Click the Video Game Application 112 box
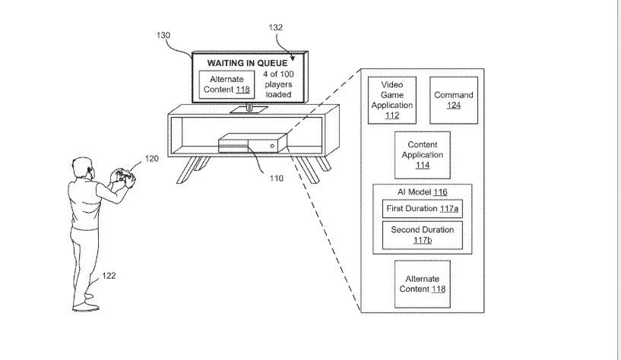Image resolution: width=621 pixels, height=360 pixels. pos(392,100)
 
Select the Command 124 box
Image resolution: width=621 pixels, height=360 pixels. pos(454,100)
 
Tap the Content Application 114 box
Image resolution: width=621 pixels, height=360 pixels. pos(423,155)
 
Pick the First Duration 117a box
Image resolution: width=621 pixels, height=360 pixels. pos(423,209)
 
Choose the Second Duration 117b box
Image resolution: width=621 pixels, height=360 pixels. pos(423,235)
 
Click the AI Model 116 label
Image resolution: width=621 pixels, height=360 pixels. pos(423,192)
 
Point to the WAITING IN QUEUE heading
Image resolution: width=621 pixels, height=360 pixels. pos(247,63)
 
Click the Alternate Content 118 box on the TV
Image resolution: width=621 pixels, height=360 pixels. pos(227,84)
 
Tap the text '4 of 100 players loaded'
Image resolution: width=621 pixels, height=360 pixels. pos(278,84)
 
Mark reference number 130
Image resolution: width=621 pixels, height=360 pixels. pos(163,35)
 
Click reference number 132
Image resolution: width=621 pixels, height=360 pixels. pos(276,27)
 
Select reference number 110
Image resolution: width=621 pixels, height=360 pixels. pos(277,178)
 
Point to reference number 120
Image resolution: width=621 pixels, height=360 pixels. pos(152,159)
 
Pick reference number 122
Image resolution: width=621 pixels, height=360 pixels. pos(109,276)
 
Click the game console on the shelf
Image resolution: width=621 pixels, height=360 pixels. pos(252,144)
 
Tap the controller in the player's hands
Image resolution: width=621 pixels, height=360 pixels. pos(124,176)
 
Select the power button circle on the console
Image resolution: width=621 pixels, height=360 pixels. pos(272,146)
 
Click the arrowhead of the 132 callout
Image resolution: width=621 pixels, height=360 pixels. pos(293,58)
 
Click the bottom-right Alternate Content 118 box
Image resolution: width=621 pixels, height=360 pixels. pos(423,284)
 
